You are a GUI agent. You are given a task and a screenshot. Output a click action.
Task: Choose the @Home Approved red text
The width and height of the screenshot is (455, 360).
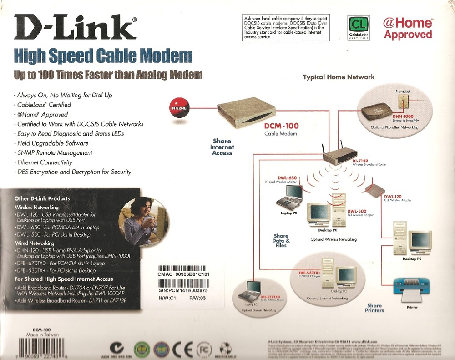[407, 29]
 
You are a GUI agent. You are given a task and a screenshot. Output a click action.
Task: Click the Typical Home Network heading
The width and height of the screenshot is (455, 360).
[339, 77]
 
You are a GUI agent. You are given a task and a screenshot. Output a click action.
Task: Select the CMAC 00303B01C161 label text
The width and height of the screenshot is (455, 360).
[184, 274]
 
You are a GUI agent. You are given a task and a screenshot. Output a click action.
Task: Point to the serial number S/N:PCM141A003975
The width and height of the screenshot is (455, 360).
[183, 290]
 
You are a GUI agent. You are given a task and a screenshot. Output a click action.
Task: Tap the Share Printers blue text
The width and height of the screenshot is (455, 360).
[374, 308]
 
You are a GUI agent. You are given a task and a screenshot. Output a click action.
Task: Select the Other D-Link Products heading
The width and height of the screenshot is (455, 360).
[42, 198]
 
